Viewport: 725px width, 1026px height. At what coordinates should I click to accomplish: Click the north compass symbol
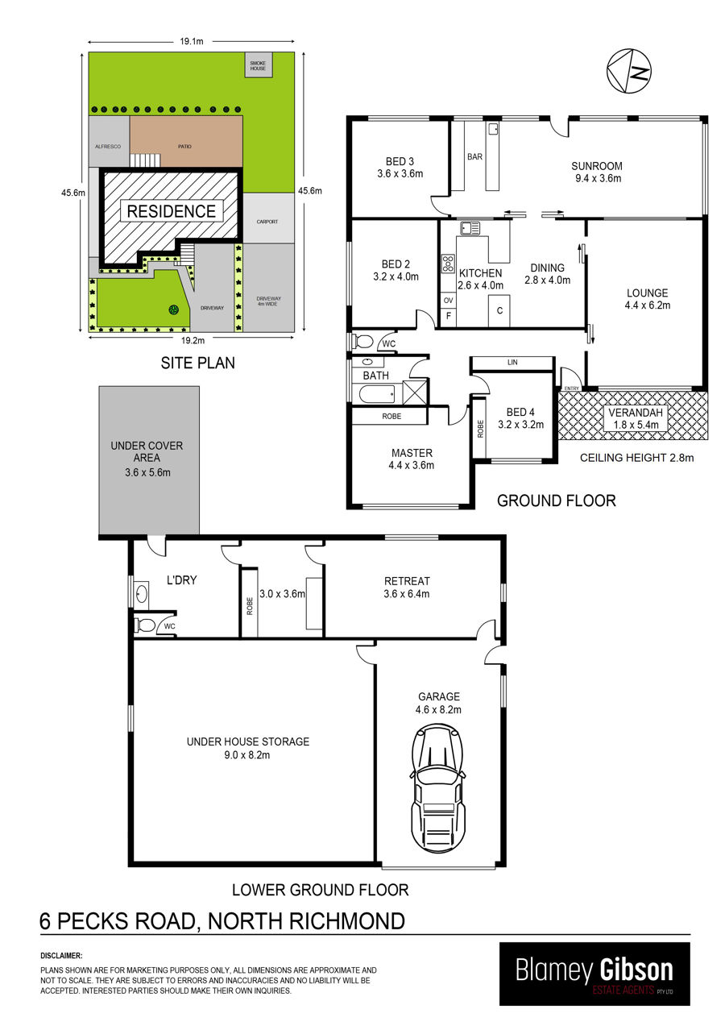pyautogui.click(x=629, y=71)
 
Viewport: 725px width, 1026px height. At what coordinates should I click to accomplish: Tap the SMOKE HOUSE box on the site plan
pyautogui.click(x=258, y=65)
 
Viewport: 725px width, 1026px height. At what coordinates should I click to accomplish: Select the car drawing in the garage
pyautogui.click(x=438, y=788)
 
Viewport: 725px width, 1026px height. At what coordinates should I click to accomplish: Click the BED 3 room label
pyautogui.click(x=400, y=161)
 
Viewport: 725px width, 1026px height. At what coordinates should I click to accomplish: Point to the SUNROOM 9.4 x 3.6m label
pyautogui.click(x=597, y=172)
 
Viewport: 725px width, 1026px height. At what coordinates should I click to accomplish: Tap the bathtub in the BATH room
pyautogui.click(x=377, y=394)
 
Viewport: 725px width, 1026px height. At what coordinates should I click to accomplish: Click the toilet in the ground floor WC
pyautogui.click(x=362, y=341)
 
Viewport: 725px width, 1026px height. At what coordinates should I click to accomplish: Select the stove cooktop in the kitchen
pyautogui.click(x=448, y=264)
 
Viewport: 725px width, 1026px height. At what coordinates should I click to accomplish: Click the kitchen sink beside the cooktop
pyautogui.click(x=470, y=227)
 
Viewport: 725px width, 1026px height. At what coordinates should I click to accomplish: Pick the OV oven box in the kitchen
pyautogui.click(x=448, y=301)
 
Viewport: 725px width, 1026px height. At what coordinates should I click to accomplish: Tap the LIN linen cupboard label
pyautogui.click(x=512, y=363)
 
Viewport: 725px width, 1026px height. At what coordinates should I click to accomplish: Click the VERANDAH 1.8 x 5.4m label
pyautogui.click(x=636, y=418)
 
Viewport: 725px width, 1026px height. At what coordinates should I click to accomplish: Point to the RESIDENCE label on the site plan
pyautogui.click(x=171, y=211)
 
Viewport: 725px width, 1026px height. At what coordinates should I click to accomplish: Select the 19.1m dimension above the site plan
pyautogui.click(x=192, y=42)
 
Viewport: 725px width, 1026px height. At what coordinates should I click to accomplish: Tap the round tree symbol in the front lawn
pyautogui.click(x=173, y=310)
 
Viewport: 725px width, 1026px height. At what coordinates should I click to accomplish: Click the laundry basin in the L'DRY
pyautogui.click(x=141, y=595)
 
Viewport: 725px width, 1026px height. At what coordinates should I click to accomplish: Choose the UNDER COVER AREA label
pyautogui.click(x=147, y=451)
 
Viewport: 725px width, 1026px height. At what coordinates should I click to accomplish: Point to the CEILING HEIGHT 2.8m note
pyautogui.click(x=636, y=458)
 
